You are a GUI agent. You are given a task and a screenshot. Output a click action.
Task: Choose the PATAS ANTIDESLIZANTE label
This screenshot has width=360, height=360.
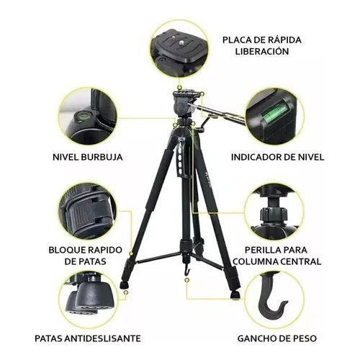point(87,338)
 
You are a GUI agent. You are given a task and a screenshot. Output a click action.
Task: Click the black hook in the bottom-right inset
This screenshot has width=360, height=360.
point(273,300)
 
